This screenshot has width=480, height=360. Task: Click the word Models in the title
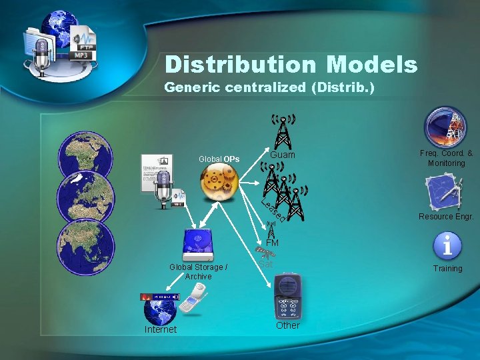[x=372, y=65]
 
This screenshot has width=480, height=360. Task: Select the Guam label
[x=282, y=155]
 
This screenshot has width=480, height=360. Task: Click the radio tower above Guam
[x=283, y=129]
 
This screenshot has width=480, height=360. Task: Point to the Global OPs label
[x=219, y=159]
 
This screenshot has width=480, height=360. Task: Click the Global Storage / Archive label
[x=198, y=271]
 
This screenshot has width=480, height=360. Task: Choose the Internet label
[x=161, y=329]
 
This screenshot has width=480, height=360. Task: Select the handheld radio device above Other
[x=288, y=295]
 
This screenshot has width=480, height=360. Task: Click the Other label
[x=288, y=325]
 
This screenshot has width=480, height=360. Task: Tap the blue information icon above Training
[x=447, y=246]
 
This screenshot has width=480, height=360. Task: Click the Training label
[x=447, y=268]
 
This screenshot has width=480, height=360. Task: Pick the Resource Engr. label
[x=446, y=216]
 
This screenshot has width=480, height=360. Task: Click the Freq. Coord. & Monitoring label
[x=446, y=158]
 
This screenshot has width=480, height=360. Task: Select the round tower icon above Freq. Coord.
[x=446, y=127]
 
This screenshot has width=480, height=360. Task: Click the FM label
[x=272, y=243]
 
